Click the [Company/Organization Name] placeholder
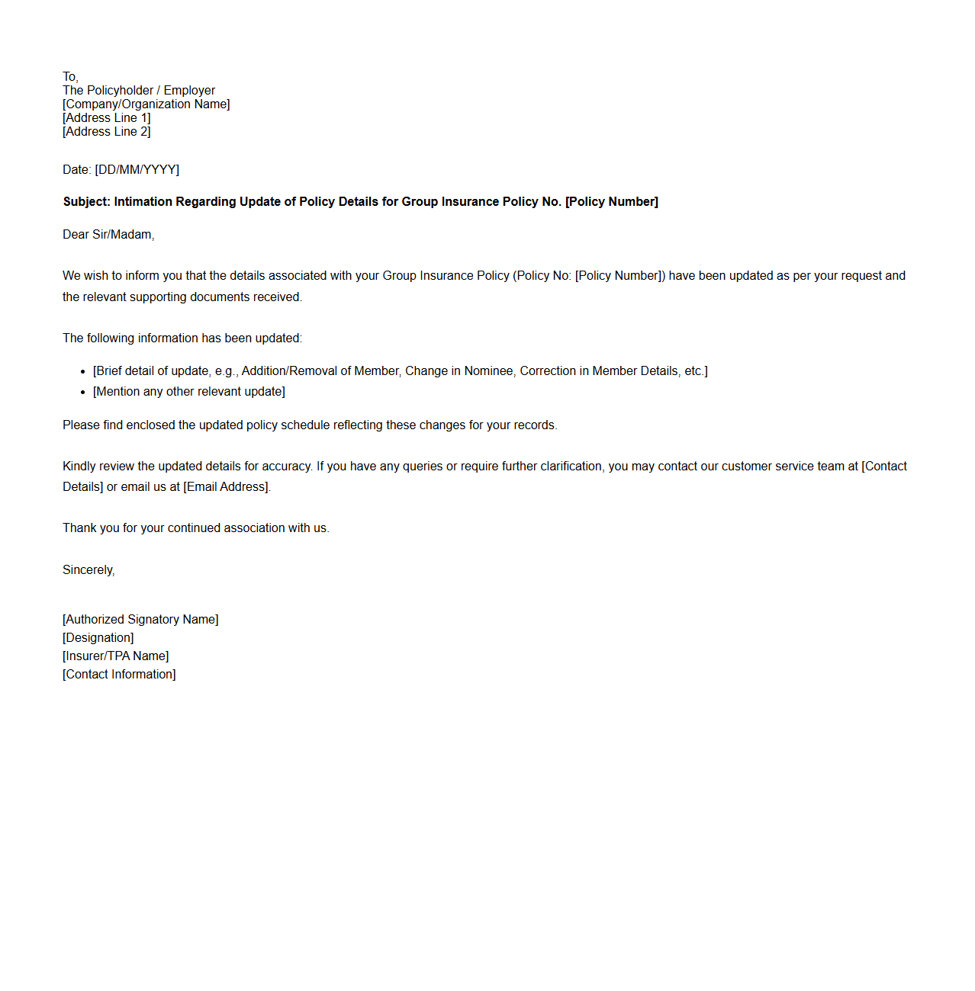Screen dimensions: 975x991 click(146, 104)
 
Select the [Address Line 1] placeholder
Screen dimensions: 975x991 click(107, 118)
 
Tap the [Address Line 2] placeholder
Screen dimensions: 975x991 click(107, 132)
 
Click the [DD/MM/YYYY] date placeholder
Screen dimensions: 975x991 click(137, 170)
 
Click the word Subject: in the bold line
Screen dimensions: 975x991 click(87, 202)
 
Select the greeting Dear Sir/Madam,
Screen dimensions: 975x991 click(108, 235)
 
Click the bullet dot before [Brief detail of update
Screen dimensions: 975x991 click(82, 372)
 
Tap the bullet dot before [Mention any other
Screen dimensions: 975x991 click(82, 393)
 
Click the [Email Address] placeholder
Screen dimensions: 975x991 click(227, 487)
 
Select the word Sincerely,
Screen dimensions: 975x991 click(88, 570)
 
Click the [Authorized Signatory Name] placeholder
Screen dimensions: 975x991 click(140, 620)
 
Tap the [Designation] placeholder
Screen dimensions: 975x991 click(98, 638)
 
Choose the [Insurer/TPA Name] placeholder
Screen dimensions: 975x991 click(116, 656)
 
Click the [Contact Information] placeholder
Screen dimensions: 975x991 click(119, 675)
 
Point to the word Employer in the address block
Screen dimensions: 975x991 click(189, 91)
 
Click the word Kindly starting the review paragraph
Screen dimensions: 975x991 click(80, 467)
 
